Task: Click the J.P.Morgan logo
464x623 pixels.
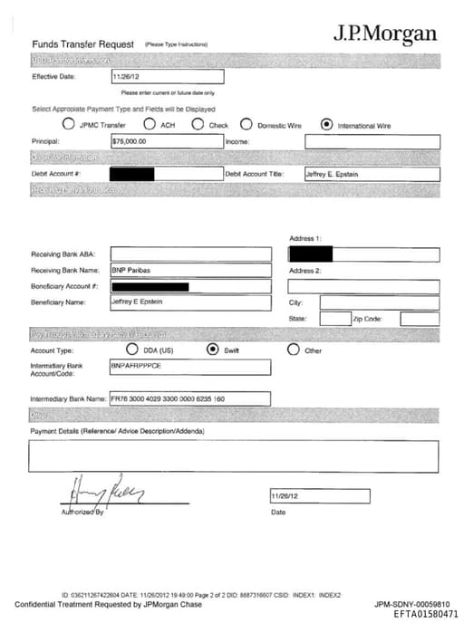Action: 384,34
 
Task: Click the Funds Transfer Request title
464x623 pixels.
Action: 82,44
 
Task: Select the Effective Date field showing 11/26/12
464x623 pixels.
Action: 166,77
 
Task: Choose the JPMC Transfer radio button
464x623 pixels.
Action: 68,125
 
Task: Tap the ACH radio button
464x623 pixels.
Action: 150,125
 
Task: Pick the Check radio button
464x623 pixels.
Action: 198,125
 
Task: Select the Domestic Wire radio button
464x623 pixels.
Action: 246,125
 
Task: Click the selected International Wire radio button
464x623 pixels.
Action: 326,125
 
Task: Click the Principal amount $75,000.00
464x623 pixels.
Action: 166,141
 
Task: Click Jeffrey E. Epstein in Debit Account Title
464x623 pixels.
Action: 372,173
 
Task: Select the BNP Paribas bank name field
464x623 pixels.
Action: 190,270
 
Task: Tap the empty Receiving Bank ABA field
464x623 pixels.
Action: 190,254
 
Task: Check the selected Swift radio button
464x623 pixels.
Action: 213,349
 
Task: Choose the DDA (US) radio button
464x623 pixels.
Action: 132,349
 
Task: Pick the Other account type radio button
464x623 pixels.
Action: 293,349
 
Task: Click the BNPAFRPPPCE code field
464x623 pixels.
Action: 189,367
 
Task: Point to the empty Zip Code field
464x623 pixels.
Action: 420,319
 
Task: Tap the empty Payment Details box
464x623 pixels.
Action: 233,455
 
